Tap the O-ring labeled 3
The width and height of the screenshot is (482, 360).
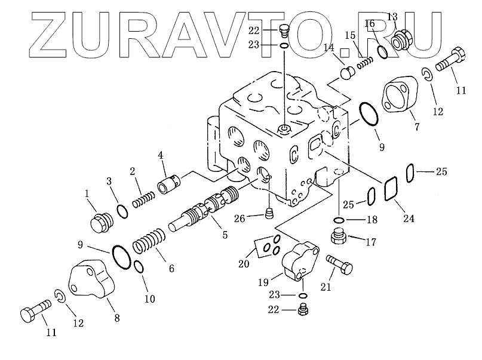[x=121, y=211]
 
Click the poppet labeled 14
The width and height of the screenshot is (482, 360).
[x=346, y=74]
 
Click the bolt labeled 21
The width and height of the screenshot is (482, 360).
[x=339, y=265]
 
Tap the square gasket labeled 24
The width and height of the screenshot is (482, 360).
[x=391, y=190]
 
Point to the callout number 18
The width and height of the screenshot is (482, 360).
[x=372, y=220]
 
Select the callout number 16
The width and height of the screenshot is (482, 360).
[x=370, y=24]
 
